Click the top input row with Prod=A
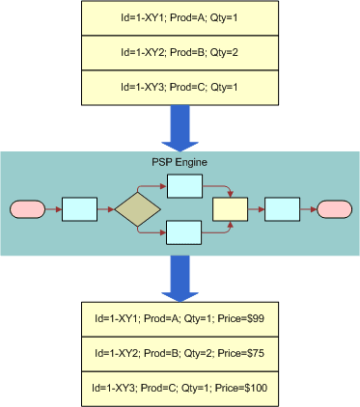pyautogui.click(x=180, y=19)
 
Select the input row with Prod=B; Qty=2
pyautogui.click(x=180, y=53)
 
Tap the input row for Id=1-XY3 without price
pyautogui.click(x=180, y=87)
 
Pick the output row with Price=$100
pyautogui.click(x=180, y=388)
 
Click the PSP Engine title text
pyautogui.click(x=180, y=161)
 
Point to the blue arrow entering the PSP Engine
pyautogui.click(x=180, y=125)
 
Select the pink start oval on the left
pyautogui.click(x=26, y=208)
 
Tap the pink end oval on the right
pyautogui.click(x=334, y=208)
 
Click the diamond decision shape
pyautogui.click(x=137, y=208)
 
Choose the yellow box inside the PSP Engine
pyautogui.click(x=230, y=208)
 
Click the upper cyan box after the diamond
pyautogui.click(x=183, y=184)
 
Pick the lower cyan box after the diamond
pyautogui.click(x=183, y=232)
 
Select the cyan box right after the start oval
pyautogui.click(x=79, y=208)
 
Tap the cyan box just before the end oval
pyautogui.click(x=281, y=208)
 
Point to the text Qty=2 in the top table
pyautogui.click(x=220, y=53)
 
